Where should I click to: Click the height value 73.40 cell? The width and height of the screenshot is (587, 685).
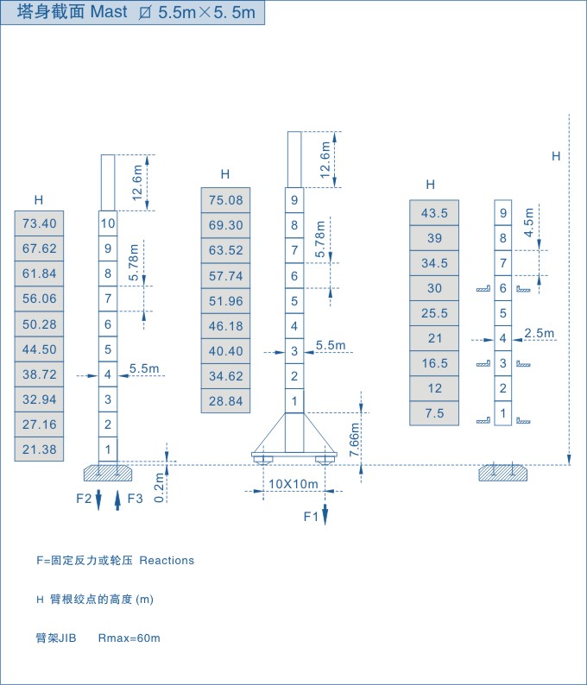pyautogui.click(x=40, y=223)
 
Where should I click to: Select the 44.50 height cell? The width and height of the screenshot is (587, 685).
pyautogui.click(x=40, y=349)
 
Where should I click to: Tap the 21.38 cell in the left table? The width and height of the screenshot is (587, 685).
pyautogui.click(x=40, y=449)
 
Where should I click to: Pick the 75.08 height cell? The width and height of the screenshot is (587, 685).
pyautogui.click(x=225, y=200)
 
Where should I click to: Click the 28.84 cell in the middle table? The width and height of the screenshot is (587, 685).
pyautogui.click(x=225, y=400)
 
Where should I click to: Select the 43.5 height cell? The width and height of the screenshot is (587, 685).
pyautogui.click(x=434, y=213)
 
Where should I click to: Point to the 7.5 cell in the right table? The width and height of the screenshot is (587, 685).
pyautogui.click(x=434, y=413)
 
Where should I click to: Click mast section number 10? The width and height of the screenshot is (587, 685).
pyautogui.click(x=108, y=223)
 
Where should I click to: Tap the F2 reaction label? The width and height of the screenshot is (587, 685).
pyautogui.click(x=84, y=499)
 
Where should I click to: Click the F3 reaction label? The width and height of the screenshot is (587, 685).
pyautogui.click(x=135, y=499)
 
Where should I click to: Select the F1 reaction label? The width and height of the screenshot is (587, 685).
pyautogui.click(x=312, y=517)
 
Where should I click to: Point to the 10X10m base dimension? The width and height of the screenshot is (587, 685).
pyautogui.click(x=293, y=484)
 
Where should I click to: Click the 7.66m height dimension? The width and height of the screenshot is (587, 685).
pyautogui.click(x=355, y=439)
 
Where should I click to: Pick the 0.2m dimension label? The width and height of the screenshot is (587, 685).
pyautogui.click(x=160, y=488)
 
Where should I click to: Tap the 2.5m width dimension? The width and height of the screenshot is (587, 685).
pyautogui.click(x=540, y=333)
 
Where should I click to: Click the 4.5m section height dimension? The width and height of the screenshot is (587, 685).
pyautogui.click(x=529, y=223)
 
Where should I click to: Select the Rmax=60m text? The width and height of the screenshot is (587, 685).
pyautogui.click(x=129, y=638)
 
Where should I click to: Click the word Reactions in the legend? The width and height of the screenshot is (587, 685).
pyautogui.click(x=167, y=561)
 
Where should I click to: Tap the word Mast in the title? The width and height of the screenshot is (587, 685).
pyautogui.click(x=109, y=12)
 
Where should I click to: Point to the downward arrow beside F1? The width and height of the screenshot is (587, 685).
pyautogui.click(x=325, y=515)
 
